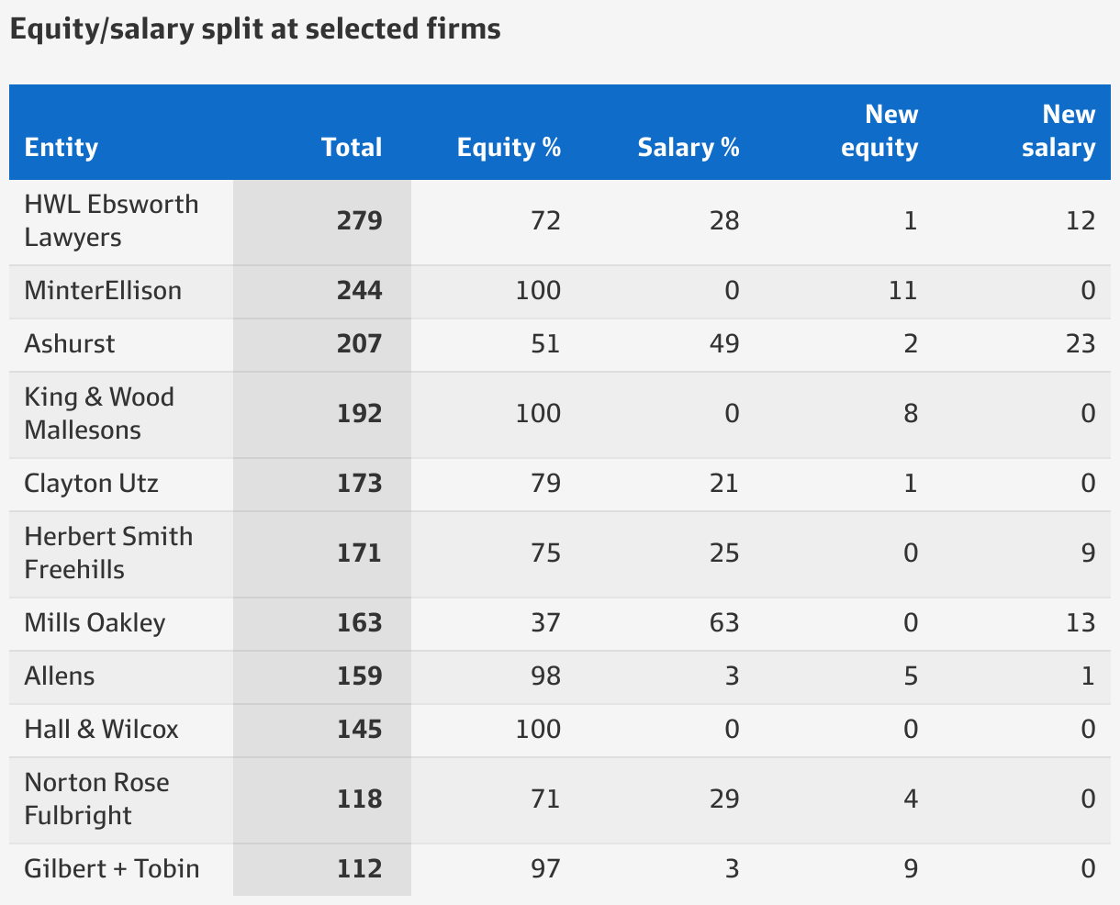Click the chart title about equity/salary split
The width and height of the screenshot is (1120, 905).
pos(255,29)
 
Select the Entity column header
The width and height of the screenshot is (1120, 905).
pos(62,148)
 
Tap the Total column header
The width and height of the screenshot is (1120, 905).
pos(352,148)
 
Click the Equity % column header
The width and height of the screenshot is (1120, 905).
pos(509,148)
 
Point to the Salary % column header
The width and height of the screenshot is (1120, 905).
pos(689,148)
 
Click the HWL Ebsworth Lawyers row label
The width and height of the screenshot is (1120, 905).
pos(111,220)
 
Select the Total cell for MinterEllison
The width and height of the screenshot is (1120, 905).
pos(359,291)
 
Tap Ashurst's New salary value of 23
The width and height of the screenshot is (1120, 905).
pos(1081,344)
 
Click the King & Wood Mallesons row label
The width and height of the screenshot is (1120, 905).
pos(99,413)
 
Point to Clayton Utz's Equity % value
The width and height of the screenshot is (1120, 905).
pos(545,484)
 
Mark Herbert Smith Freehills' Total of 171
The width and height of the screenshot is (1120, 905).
pos(359,553)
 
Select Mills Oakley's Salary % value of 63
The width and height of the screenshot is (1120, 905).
pos(723,623)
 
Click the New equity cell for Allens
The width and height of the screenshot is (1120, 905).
pos(910,676)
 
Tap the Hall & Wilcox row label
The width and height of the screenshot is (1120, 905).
pos(102,730)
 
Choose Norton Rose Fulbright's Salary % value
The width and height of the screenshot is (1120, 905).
pos(723,799)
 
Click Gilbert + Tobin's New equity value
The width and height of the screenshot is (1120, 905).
pos(910,869)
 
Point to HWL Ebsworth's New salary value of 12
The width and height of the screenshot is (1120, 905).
pos(1081,221)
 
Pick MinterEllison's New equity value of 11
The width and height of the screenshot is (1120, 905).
pos(902,291)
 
